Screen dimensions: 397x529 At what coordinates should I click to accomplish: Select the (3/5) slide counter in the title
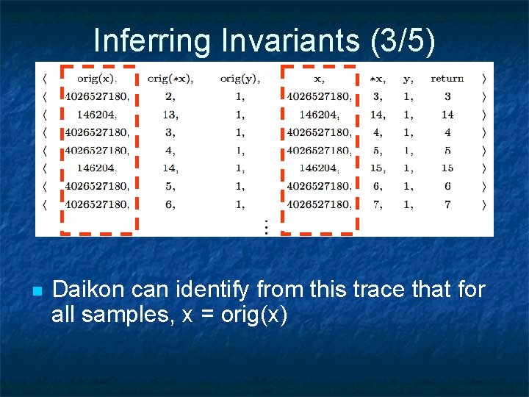click(399, 40)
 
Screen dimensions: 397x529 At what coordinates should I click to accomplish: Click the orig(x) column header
click(97, 79)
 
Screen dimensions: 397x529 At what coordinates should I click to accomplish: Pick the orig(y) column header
click(240, 79)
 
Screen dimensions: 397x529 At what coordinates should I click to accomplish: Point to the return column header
click(447, 79)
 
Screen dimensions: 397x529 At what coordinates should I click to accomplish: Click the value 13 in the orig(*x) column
click(169, 115)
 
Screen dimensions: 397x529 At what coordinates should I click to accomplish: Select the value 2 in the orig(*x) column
click(170, 96)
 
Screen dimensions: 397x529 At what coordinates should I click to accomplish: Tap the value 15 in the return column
click(447, 168)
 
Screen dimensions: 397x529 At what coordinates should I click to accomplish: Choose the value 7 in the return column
click(447, 204)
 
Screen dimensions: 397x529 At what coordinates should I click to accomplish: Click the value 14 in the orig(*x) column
click(169, 168)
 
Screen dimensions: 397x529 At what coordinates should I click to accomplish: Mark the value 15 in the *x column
click(377, 168)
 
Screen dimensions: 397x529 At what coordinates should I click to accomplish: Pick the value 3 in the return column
click(447, 96)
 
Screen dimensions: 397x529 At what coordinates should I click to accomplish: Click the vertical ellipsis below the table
click(266, 226)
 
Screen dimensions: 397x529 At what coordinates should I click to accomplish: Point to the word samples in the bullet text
click(127, 315)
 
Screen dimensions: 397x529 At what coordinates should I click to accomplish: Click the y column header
click(409, 79)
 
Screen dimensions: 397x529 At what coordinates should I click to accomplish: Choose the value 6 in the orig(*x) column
click(170, 204)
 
